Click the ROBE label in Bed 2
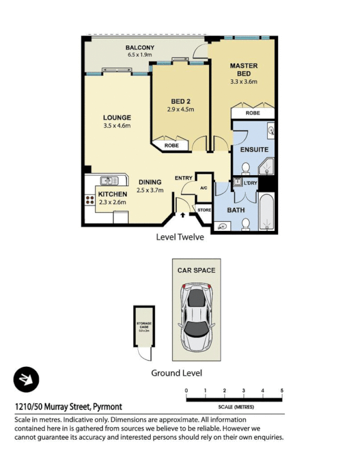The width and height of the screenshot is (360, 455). pos(171,146)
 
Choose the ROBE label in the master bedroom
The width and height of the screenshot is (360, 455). pos(253,113)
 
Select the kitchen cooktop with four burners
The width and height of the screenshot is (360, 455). pos(90,200)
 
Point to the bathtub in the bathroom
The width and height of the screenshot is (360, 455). pos(266,213)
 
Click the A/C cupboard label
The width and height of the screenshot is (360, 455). pos(204,188)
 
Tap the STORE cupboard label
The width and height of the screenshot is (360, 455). pos(204,210)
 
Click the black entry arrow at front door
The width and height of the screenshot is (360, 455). pos(182,216)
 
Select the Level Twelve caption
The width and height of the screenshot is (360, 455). pos(180,237)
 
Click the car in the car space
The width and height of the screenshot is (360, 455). pos(196,318)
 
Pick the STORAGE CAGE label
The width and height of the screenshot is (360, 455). pos(143,326)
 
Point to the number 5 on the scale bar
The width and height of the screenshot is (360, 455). pos(282,390)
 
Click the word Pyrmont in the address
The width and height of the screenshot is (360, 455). pos(107,407)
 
